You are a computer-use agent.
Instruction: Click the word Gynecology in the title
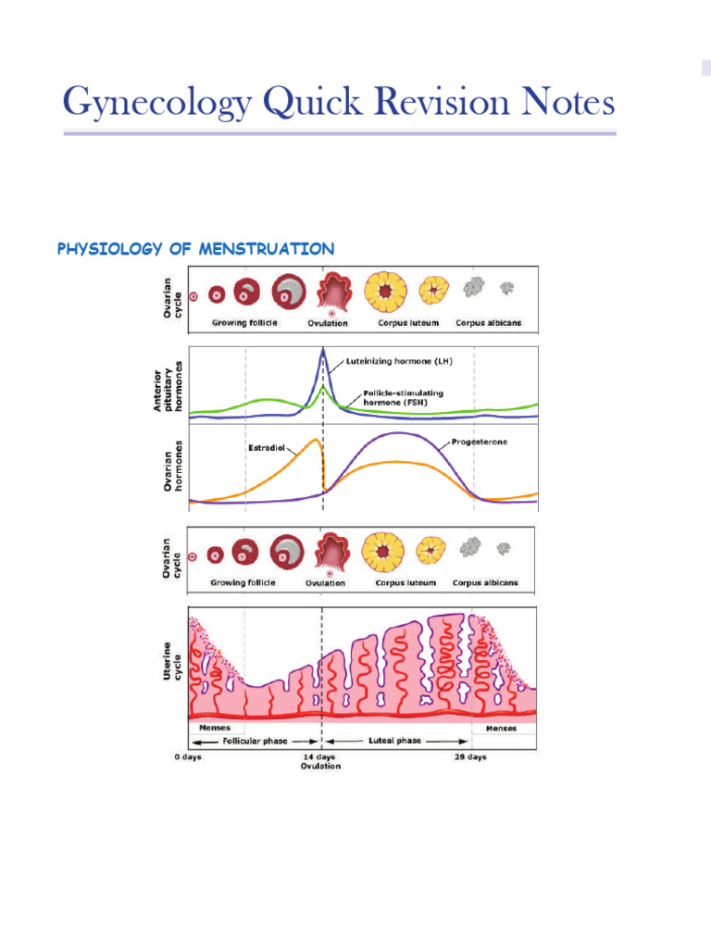click(x=156, y=103)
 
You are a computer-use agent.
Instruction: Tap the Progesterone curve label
click(x=479, y=442)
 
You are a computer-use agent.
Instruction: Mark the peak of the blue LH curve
click(x=322, y=349)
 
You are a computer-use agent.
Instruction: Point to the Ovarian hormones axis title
click(x=172, y=466)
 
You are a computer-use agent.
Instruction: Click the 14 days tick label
click(x=321, y=756)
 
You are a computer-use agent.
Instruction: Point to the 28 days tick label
click(x=469, y=756)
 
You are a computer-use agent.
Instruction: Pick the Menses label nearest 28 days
click(x=503, y=728)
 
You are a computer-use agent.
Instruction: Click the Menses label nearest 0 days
click(x=207, y=728)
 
